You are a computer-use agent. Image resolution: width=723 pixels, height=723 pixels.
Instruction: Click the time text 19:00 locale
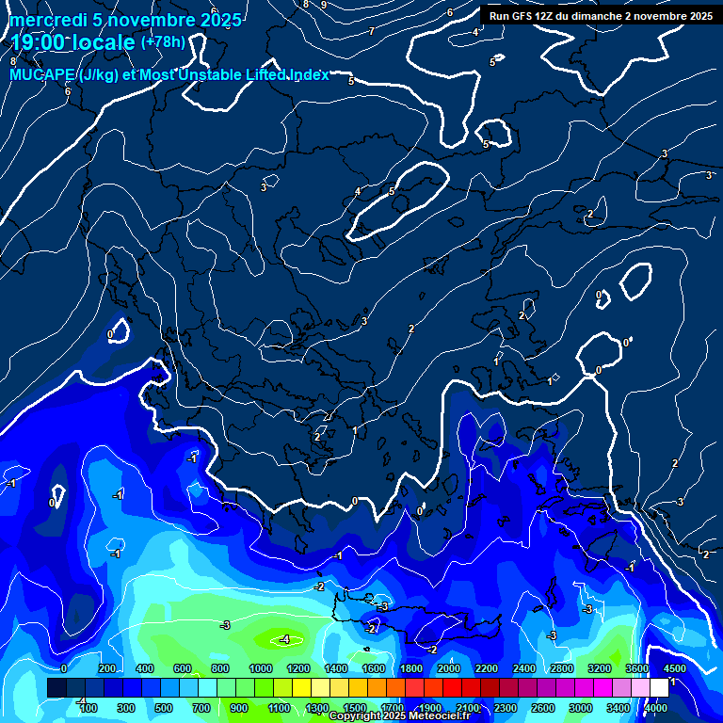click(x=73, y=41)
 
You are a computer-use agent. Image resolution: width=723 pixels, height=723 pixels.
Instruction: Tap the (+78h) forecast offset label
click(x=163, y=41)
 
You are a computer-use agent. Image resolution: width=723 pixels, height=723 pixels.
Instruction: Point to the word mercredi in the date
click(x=48, y=19)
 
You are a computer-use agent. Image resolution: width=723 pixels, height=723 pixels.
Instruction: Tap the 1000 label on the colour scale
click(x=260, y=668)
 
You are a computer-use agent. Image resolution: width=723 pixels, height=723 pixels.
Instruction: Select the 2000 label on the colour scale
click(x=448, y=668)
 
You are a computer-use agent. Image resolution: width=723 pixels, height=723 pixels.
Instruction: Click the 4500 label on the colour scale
click(x=674, y=668)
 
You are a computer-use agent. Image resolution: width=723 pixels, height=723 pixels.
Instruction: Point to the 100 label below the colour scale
click(x=88, y=708)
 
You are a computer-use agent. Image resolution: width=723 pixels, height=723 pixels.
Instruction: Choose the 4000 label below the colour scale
click(x=656, y=708)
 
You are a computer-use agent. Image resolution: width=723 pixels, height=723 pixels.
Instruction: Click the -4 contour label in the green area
click(x=284, y=640)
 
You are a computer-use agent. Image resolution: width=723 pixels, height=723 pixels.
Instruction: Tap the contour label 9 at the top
click(x=324, y=5)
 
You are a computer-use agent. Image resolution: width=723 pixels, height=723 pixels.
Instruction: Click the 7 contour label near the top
click(x=371, y=31)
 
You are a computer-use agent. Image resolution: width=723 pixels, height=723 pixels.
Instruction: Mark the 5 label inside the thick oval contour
click(x=392, y=191)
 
